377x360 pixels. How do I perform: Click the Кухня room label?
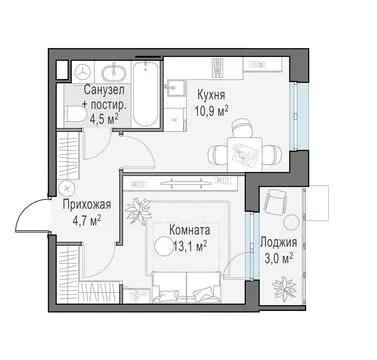[x=211, y=95]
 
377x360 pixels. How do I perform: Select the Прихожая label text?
[x=86, y=205]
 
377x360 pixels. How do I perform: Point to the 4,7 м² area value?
[x=87, y=220]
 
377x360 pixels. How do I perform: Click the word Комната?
[x=190, y=230]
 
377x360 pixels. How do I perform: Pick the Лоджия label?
[x=278, y=243]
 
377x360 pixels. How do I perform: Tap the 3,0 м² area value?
[x=279, y=259]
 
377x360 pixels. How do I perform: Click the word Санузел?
[x=104, y=89]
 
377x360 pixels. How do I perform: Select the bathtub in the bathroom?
[x=145, y=93]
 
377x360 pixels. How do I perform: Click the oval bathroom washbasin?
[x=113, y=72]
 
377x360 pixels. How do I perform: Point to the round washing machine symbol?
[x=82, y=71]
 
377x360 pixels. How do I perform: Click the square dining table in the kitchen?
[x=245, y=154]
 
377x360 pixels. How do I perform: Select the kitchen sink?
[x=173, y=88]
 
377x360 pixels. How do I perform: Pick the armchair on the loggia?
[x=275, y=201]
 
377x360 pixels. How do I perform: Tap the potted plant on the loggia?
[x=284, y=287]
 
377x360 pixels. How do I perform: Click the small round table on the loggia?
[x=292, y=222]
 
